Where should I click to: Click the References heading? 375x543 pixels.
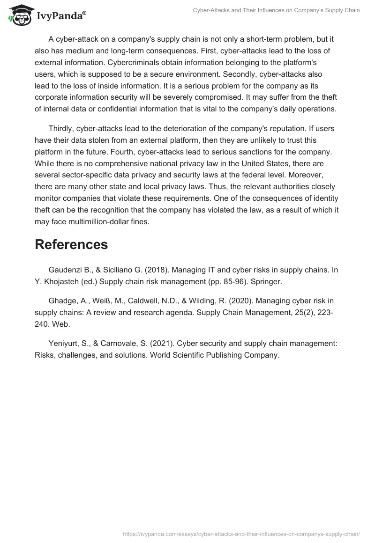pos(71,244)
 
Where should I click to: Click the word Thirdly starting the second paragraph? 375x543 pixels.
pos(62,128)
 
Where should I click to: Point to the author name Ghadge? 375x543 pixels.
pos(62,300)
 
